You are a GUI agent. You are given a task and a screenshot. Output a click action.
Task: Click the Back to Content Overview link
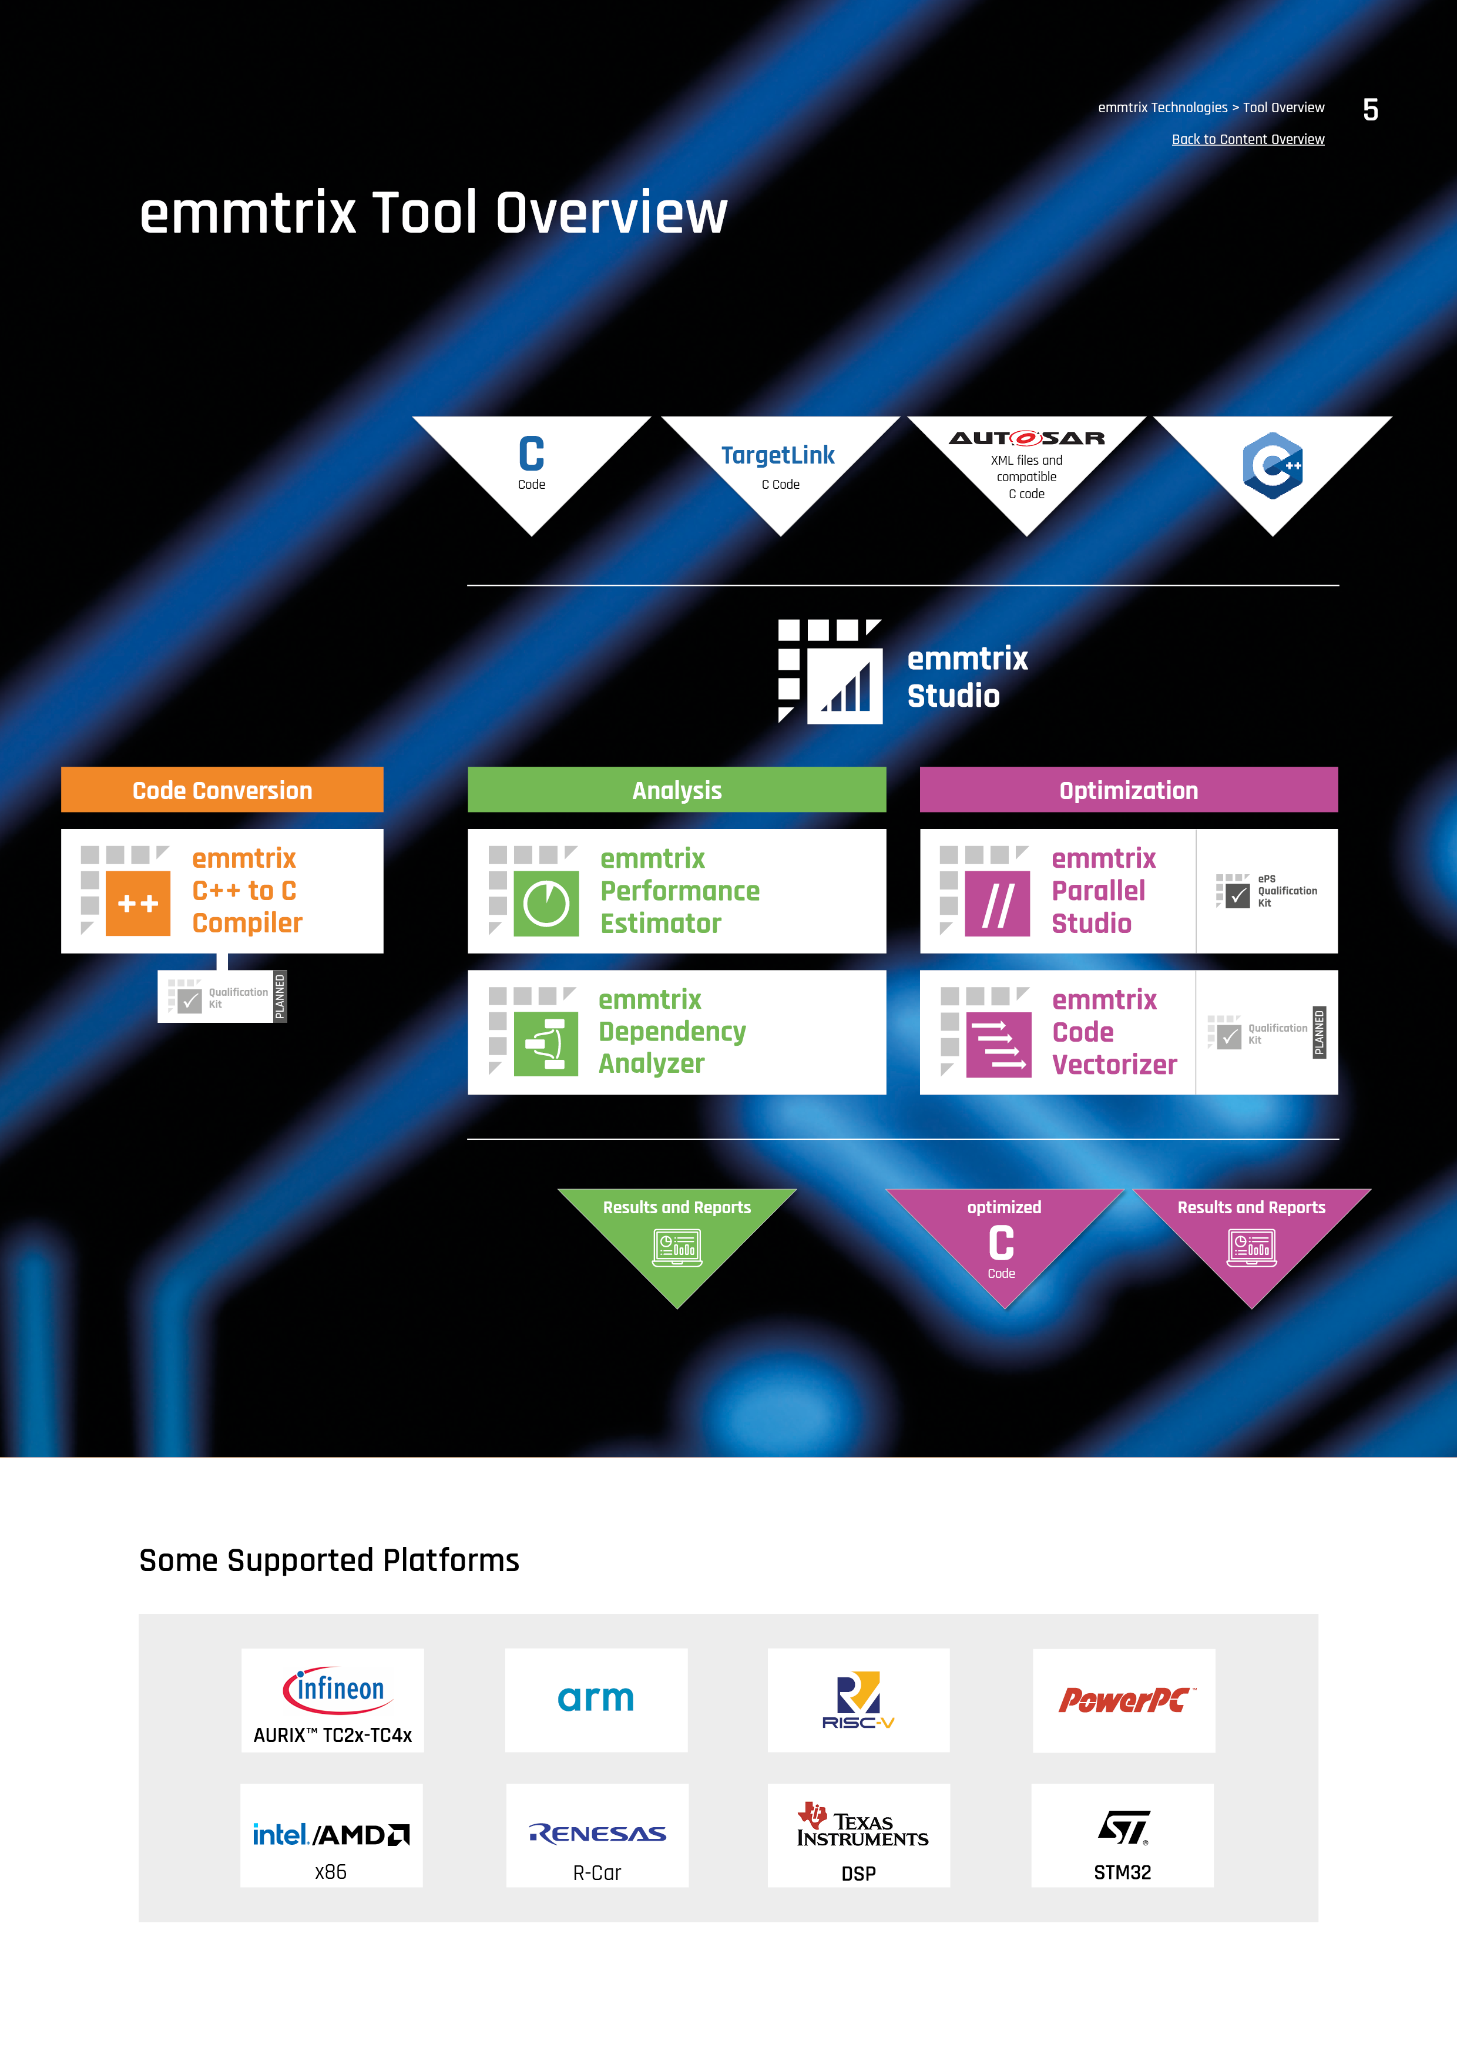tap(1248, 139)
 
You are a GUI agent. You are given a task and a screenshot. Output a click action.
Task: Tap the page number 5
tap(1370, 109)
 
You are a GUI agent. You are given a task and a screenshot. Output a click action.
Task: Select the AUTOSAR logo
tap(1026, 438)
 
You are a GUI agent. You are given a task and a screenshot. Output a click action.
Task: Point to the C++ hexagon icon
tap(1272, 465)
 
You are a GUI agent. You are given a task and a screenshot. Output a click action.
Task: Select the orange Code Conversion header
tap(221, 790)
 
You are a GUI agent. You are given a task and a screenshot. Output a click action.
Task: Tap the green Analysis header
tap(676, 790)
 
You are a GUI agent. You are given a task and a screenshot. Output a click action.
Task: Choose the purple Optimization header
tap(1129, 790)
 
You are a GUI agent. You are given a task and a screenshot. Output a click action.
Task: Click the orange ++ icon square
tap(137, 903)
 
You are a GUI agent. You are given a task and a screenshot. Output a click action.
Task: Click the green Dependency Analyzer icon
tap(546, 1044)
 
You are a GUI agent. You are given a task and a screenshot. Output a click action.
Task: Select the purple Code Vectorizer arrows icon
tap(998, 1045)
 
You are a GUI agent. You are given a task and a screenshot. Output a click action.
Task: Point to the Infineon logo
tap(333, 1689)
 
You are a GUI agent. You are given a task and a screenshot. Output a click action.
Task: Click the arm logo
tap(596, 1699)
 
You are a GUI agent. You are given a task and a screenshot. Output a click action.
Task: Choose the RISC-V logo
tap(859, 1699)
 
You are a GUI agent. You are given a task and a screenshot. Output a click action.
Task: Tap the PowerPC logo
tap(1124, 1699)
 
